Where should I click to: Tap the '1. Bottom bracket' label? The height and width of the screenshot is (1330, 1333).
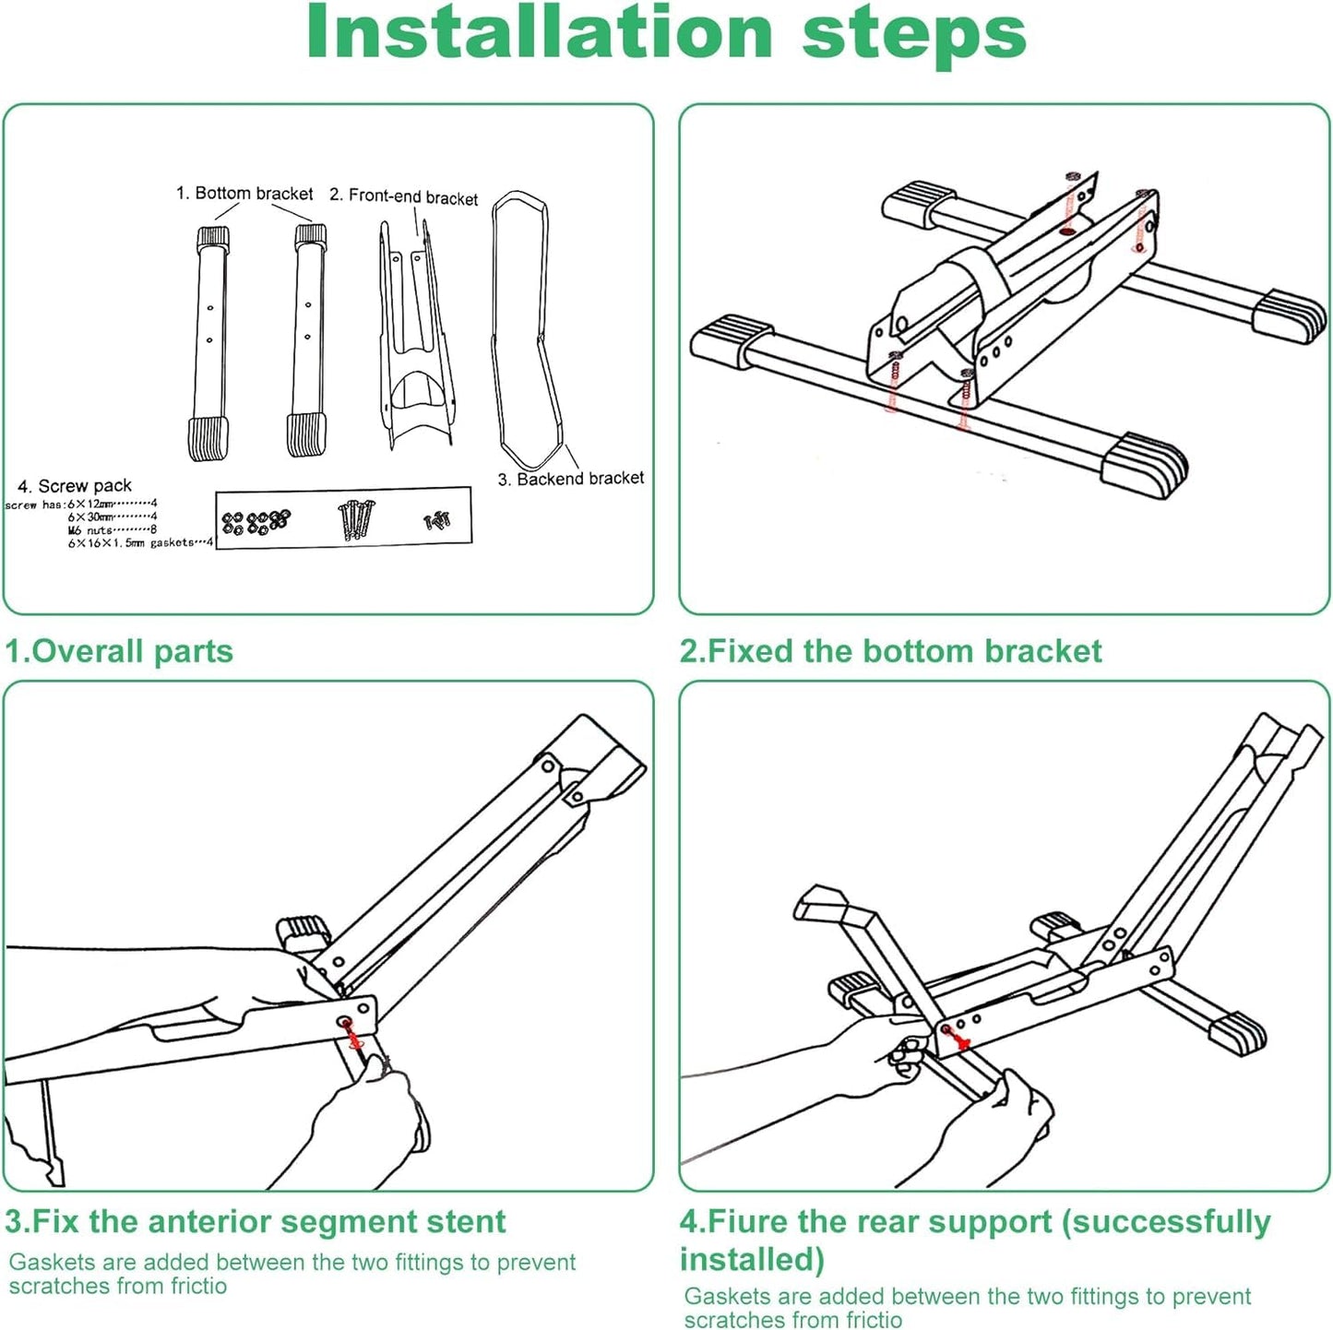point(244,194)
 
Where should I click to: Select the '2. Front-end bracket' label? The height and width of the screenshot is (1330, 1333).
point(404,196)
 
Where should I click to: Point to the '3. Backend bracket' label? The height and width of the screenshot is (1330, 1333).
point(571,479)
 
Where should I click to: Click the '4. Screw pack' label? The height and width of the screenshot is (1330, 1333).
point(75,486)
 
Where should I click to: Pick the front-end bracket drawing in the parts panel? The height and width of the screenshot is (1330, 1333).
point(414,341)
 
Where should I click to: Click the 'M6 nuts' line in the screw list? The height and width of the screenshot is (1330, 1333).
point(111,530)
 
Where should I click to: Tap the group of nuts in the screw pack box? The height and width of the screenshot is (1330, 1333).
point(256,522)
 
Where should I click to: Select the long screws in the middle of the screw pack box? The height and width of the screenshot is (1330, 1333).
point(357,519)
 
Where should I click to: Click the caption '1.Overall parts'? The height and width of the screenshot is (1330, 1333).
point(119,651)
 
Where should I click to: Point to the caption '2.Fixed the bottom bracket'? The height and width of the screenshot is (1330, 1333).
point(890,651)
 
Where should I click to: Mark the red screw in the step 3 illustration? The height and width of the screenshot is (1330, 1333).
point(351,1035)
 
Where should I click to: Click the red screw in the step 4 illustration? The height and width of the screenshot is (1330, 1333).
point(959,1040)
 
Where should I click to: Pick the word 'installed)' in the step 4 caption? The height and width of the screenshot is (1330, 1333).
point(752,1259)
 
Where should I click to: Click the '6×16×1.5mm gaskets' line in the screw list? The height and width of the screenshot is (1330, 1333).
point(138,543)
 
